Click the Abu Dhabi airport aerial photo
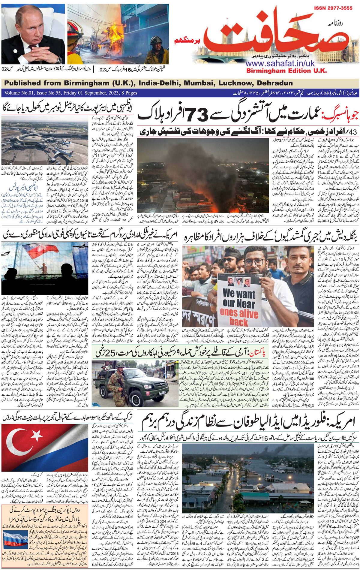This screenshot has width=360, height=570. tap(45, 143)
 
